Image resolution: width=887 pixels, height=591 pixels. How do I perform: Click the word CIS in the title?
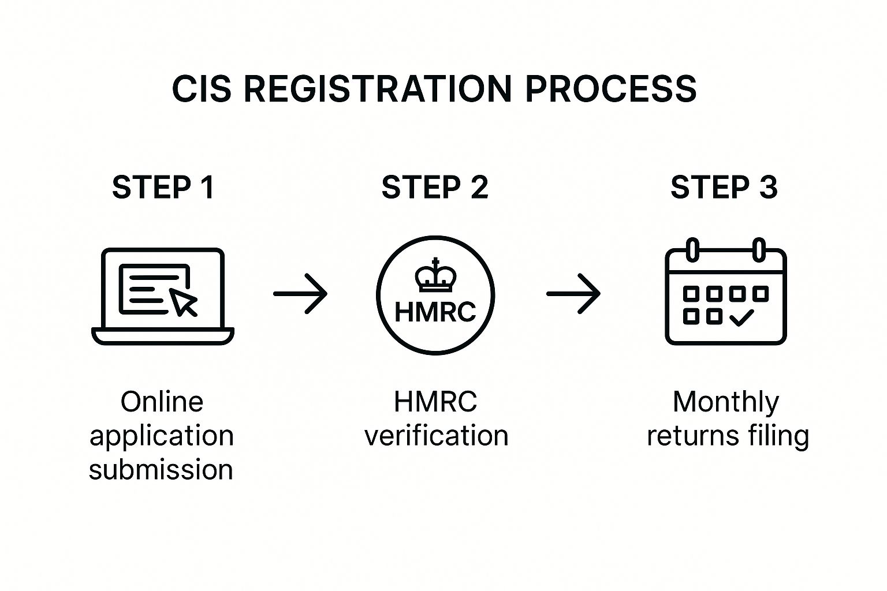pos(202,89)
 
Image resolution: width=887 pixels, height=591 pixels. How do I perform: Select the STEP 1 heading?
pos(163,188)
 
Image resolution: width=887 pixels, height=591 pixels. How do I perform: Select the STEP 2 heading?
pos(435,188)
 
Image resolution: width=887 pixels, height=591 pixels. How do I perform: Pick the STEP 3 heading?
pos(724,188)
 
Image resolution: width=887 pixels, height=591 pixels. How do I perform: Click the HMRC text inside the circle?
pos(435,312)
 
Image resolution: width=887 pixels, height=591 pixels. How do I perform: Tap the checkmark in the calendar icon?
pos(741,317)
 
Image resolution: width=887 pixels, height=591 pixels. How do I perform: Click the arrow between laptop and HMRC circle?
pos(300,294)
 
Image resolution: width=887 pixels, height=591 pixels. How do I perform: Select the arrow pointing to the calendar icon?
pos(573,294)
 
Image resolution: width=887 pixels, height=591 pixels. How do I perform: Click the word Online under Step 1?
pos(162,402)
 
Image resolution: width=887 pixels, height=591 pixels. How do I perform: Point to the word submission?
pos(161,469)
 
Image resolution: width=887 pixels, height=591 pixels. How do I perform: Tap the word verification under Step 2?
pos(436,435)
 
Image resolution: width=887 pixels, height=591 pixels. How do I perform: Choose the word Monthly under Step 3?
pos(726,402)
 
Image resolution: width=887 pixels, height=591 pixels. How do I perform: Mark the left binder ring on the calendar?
pos(692,250)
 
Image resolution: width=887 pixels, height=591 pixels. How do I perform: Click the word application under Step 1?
pos(162,436)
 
